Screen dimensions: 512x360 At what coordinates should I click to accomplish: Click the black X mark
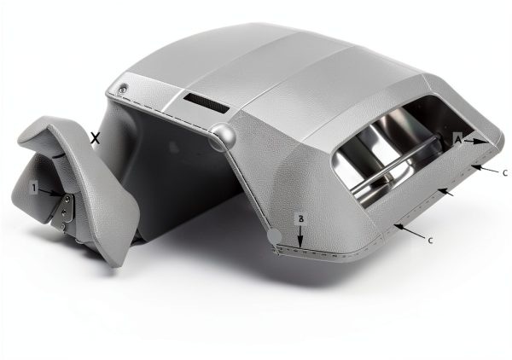click(x=95, y=139)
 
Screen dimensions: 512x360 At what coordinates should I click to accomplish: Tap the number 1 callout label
click(x=33, y=188)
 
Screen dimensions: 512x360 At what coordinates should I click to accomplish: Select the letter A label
click(x=458, y=140)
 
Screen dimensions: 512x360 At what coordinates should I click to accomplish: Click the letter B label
click(x=300, y=219)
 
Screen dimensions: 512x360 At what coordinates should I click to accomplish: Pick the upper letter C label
click(x=505, y=173)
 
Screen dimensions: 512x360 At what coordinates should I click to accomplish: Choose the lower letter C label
click(x=430, y=241)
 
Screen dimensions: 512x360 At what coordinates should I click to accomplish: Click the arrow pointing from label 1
click(x=49, y=193)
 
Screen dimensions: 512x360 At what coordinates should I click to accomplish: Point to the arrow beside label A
click(x=474, y=141)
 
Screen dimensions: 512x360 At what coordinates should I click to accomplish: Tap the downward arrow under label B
click(x=300, y=235)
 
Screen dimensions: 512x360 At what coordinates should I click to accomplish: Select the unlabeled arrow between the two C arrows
click(x=445, y=192)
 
